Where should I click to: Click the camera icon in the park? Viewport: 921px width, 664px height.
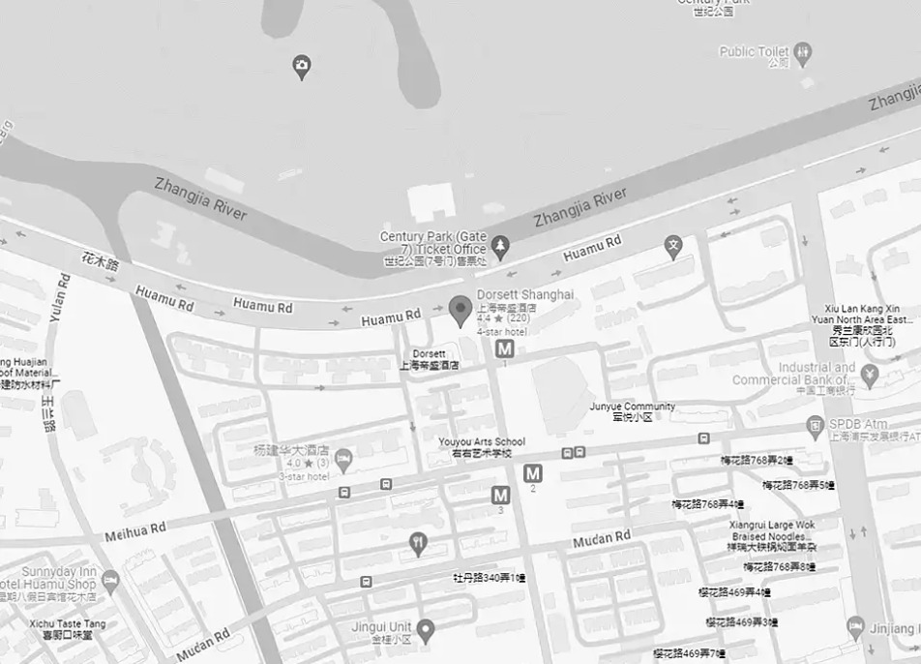pos(302,66)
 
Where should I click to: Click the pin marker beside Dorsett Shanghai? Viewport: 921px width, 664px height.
pos(460,308)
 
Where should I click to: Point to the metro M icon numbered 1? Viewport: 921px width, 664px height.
pos(504,349)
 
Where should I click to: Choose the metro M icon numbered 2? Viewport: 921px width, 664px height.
pos(533,473)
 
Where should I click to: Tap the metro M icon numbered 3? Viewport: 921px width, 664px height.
pos(500,495)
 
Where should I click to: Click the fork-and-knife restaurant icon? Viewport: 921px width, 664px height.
pos(418,543)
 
